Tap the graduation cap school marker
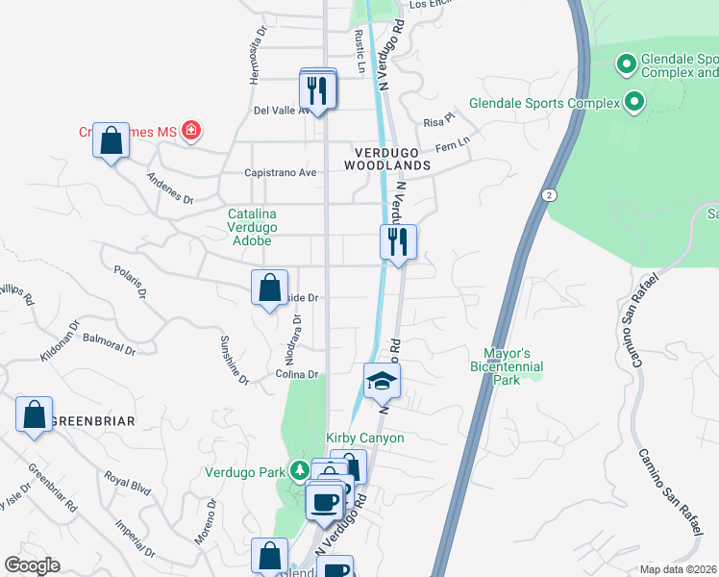point(382,382)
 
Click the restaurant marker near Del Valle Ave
point(318,90)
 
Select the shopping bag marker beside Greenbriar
point(35,415)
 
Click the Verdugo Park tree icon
point(301,471)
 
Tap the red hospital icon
point(191,129)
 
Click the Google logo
point(32,565)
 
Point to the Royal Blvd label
point(128,483)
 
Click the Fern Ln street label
point(452,145)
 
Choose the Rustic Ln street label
point(359,50)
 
